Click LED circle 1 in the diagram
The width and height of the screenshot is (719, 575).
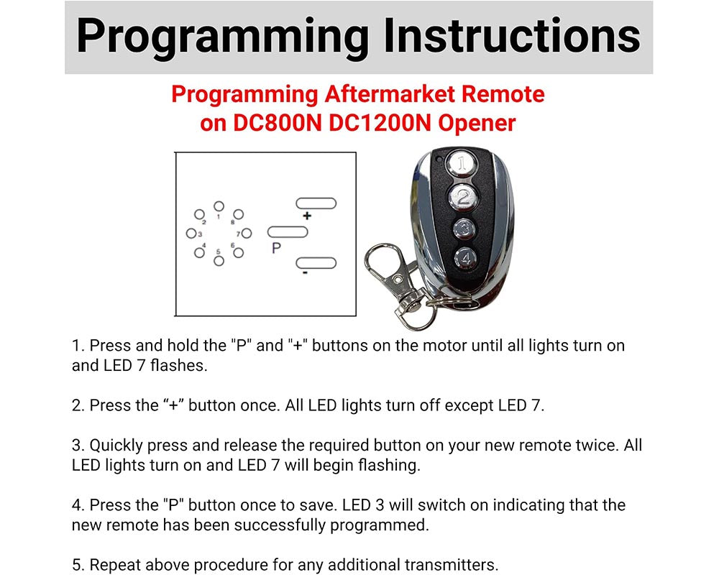[219, 206]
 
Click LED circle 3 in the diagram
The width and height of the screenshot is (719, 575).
[191, 233]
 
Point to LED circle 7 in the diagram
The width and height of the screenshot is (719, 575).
[246, 233]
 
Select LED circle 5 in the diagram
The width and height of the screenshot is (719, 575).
[219, 260]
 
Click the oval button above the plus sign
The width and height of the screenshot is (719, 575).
[316, 203]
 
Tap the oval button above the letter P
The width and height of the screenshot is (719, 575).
[288, 232]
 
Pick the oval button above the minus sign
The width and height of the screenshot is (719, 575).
[316, 263]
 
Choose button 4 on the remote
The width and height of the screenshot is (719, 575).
[465, 257]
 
